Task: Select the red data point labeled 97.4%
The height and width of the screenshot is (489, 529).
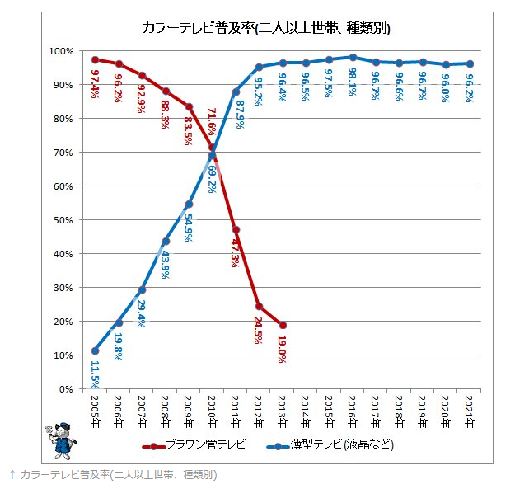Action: pos(96,59)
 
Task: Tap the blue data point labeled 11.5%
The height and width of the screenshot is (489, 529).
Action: pos(96,350)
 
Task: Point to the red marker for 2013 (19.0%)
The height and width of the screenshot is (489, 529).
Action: pos(283,325)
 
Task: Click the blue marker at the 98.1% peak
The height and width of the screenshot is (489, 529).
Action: pos(353,58)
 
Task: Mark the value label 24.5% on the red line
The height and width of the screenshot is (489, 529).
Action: pos(258,334)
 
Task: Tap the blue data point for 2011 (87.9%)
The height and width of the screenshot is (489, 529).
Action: pos(236,92)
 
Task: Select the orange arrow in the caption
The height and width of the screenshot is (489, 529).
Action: pos(12,475)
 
